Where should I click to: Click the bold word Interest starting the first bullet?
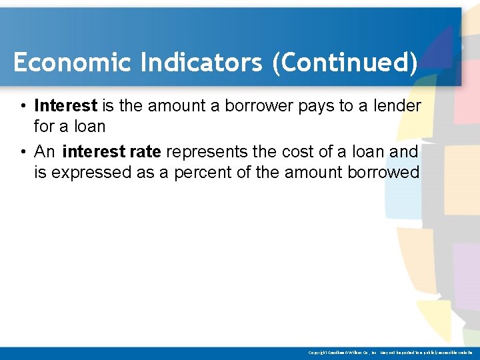coord(65,105)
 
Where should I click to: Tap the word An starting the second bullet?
coord(45,152)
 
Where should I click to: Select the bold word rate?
coord(145,152)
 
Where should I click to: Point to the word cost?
coord(299,152)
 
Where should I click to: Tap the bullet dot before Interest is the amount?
coord(23,106)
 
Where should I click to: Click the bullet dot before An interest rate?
coord(23,153)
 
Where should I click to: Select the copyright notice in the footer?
coord(389,353)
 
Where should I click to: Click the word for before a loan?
coord(43,126)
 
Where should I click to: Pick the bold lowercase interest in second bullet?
coord(93,152)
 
